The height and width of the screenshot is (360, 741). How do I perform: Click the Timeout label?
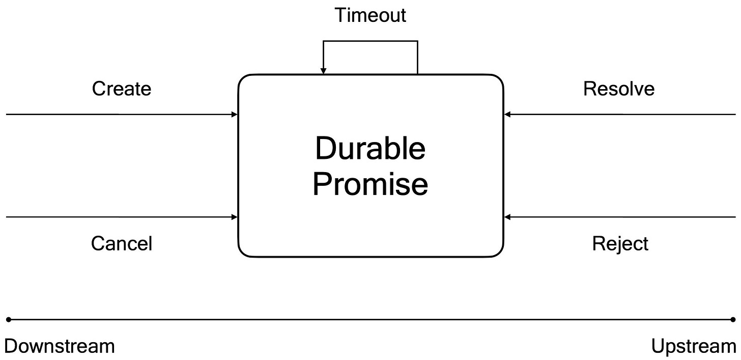370,15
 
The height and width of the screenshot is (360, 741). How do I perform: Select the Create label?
122,89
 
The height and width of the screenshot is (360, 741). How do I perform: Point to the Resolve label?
619,89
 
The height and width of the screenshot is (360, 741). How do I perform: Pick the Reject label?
620,244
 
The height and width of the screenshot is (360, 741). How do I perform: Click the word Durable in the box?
370,148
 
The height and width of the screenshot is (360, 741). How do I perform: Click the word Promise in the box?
370,184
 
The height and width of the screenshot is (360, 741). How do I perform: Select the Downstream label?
60,346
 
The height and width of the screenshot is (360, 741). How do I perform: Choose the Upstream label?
694,347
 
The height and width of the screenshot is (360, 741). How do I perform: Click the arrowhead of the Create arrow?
235,115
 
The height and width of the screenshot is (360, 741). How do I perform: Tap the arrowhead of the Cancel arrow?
235,217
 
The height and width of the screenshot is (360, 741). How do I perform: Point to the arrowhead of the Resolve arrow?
507,115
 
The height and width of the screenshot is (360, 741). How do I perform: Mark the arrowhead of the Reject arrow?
507,217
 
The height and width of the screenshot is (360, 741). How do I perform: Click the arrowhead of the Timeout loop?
323,71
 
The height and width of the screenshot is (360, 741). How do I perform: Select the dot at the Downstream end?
9,320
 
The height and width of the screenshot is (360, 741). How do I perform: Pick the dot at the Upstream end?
733,320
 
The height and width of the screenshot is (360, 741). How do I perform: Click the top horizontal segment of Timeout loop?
370,41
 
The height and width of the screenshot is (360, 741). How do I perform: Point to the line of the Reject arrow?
620,217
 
